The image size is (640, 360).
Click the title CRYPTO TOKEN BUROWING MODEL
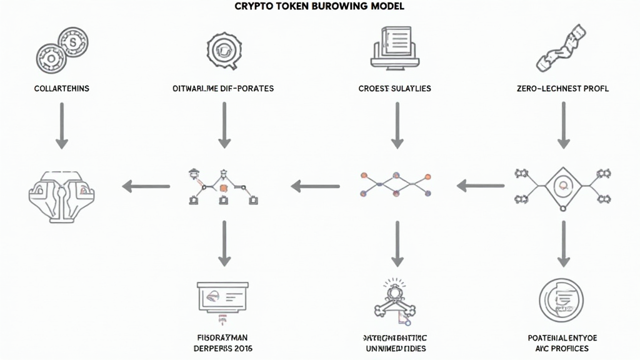click(319, 6)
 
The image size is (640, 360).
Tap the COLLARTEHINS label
click(61, 89)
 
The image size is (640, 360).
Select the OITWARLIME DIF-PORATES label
click(222, 89)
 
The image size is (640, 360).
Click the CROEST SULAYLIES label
click(394, 89)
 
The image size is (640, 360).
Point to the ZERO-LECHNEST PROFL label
click(562, 89)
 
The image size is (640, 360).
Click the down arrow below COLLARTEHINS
click(61, 125)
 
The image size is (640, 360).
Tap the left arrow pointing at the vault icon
click(146, 186)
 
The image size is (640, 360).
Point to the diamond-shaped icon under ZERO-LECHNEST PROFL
click(562, 186)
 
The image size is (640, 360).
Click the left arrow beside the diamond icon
click(481, 186)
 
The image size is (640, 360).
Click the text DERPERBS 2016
click(222, 348)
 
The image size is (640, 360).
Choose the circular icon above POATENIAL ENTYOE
click(560, 300)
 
